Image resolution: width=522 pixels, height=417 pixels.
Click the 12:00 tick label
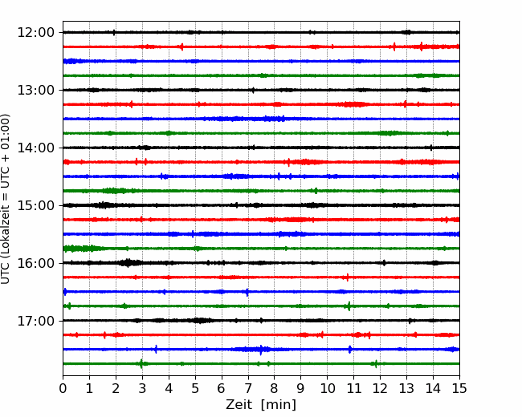click(x=35, y=33)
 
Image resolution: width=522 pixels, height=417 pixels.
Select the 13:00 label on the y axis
click(x=35, y=90)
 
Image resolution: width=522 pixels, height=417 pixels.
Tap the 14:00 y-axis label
click(x=35, y=148)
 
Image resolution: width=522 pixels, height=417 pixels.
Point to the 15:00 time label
click(x=35, y=205)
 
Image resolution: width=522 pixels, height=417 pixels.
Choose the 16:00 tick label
click(x=35, y=263)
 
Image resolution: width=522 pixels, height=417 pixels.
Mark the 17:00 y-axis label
click(x=35, y=321)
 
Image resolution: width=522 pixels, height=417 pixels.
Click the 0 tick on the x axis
click(x=63, y=388)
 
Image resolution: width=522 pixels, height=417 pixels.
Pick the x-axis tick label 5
click(x=195, y=388)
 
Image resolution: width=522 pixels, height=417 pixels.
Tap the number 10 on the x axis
click(x=327, y=388)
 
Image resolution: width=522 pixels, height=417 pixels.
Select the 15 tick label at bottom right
click(x=459, y=388)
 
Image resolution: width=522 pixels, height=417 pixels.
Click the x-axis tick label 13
click(x=406, y=388)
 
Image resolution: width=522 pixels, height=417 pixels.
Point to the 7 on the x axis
click(x=248, y=388)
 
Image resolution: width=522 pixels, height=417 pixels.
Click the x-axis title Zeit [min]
click(x=261, y=405)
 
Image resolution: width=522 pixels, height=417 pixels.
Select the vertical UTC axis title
click(x=5, y=199)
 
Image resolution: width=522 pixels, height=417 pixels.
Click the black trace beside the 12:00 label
click(x=261, y=32)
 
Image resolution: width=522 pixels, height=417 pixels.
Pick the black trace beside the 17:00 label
click(x=261, y=321)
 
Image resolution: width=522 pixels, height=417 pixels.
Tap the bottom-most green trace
click(x=261, y=364)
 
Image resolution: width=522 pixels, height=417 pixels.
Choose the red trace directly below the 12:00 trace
click(x=261, y=47)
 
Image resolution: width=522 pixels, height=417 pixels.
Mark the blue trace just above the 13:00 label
click(x=261, y=61)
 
